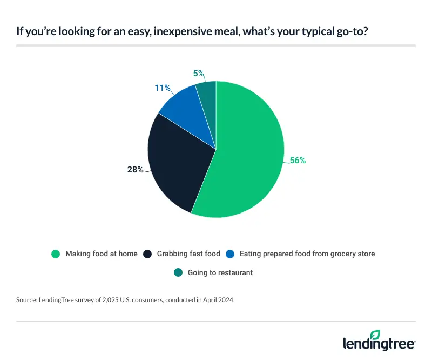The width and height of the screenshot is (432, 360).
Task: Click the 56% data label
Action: point(298,160)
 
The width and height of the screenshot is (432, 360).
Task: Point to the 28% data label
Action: point(135,169)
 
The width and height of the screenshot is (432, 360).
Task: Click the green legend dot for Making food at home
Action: point(55,254)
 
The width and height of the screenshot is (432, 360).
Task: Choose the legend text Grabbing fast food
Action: point(188,254)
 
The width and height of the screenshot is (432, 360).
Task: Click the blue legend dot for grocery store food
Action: point(230,254)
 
